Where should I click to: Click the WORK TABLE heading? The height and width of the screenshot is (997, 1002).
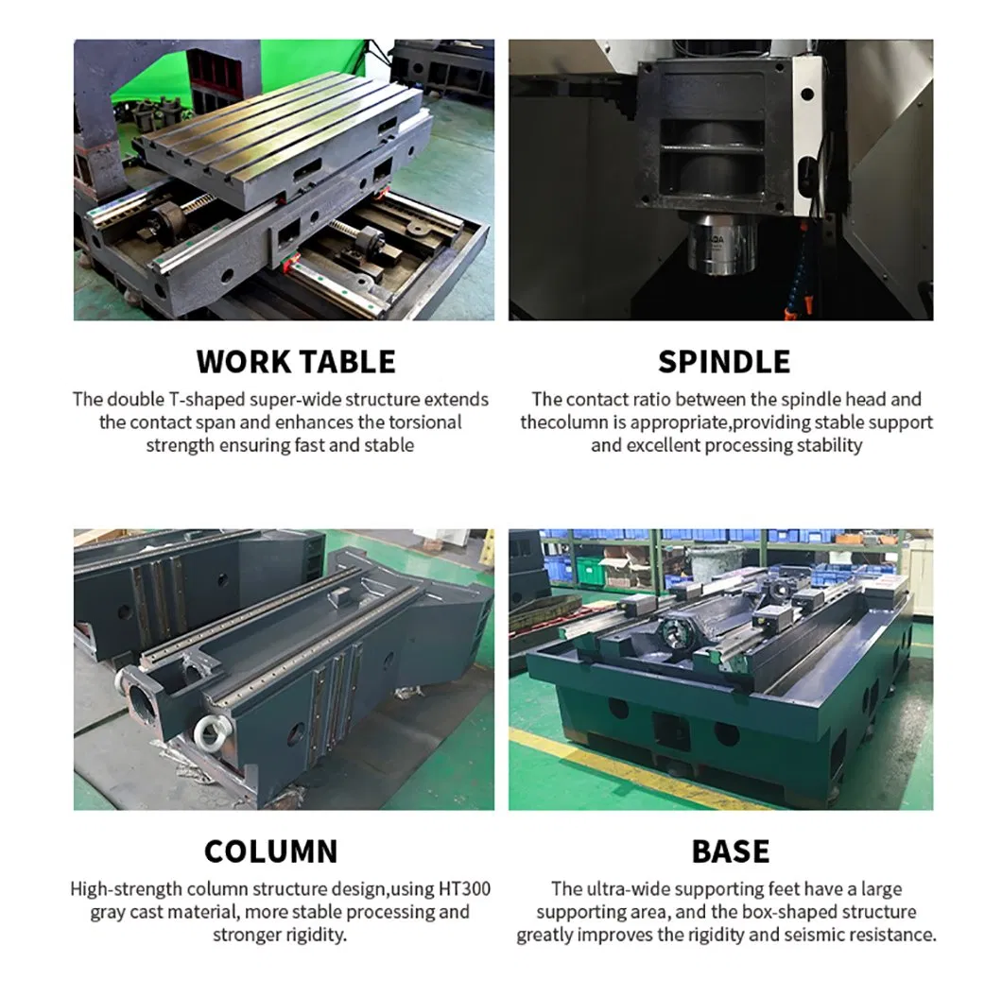tap(296, 362)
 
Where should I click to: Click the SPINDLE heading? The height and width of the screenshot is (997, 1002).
tap(724, 362)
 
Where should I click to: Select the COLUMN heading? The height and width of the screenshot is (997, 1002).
tap(271, 851)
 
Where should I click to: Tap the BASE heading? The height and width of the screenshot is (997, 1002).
tap(731, 851)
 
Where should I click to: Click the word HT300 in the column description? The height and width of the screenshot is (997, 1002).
tap(464, 889)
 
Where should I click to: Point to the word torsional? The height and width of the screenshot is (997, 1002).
tap(425, 422)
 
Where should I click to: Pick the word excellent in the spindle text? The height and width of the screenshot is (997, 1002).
tap(664, 445)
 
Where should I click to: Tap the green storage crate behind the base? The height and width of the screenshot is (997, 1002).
tap(590, 570)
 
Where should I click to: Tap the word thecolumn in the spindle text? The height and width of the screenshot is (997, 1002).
tap(563, 422)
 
